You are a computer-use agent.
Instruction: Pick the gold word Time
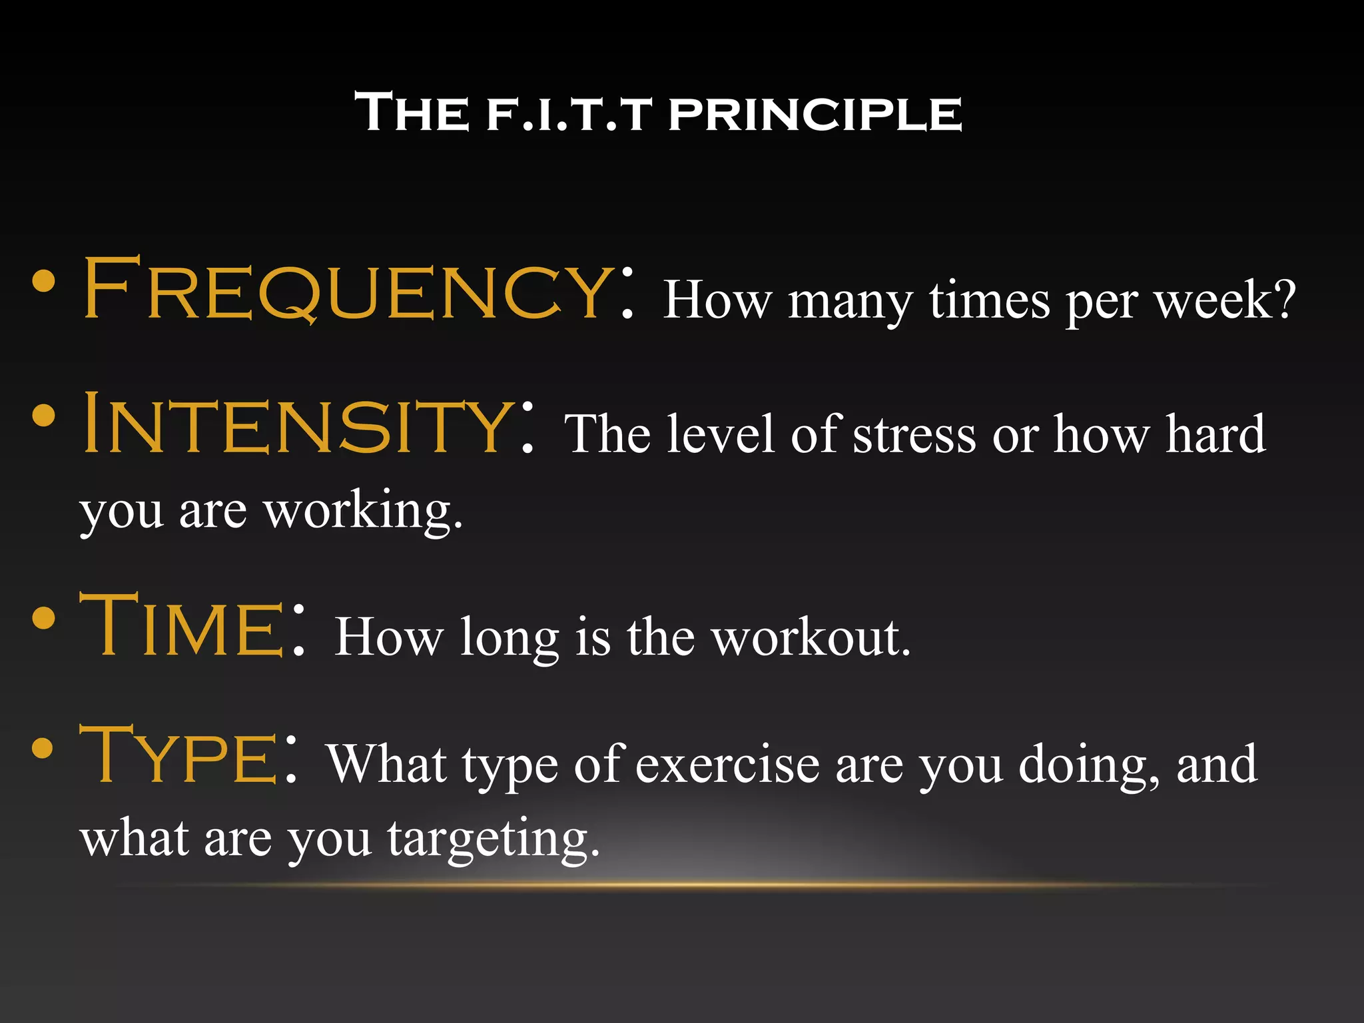[182, 626]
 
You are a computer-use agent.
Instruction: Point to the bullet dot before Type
[42, 747]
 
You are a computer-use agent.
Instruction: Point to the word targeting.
[493, 839]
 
